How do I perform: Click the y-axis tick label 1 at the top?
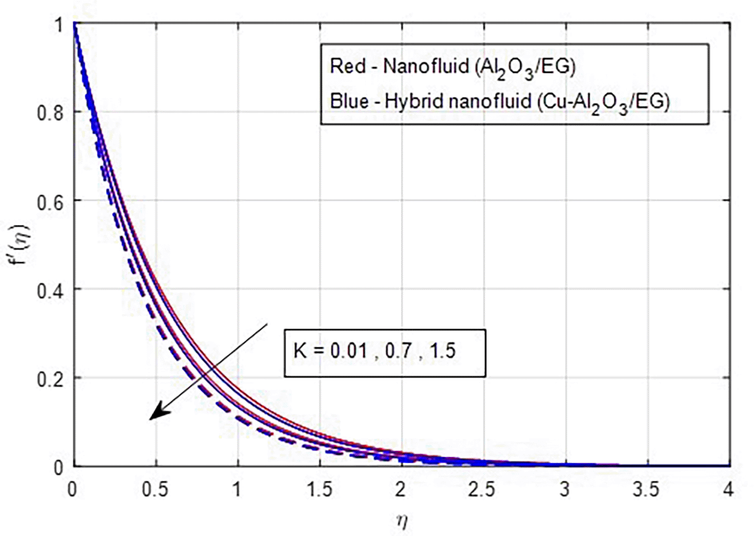(x=58, y=25)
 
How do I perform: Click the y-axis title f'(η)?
(x=22, y=246)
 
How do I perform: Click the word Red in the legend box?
(x=347, y=66)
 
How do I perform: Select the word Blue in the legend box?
(x=349, y=101)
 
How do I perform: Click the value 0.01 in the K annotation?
(x=349, y=351)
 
